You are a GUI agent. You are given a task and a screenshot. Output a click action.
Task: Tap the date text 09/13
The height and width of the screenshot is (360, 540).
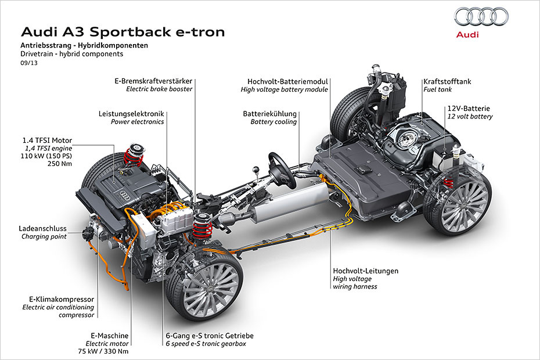pos(28,63)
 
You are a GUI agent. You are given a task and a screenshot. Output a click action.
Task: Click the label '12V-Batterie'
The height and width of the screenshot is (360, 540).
pos(469,108)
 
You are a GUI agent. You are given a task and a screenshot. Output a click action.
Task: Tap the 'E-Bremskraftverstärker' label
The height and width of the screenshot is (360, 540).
pos(153,81)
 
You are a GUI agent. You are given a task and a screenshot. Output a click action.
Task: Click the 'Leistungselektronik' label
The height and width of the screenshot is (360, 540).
pos(131,113)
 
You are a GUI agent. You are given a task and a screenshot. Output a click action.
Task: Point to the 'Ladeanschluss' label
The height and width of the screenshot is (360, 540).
pos(43,228)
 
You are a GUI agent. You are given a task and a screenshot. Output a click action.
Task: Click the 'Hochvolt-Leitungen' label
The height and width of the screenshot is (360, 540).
pos(365,271)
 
